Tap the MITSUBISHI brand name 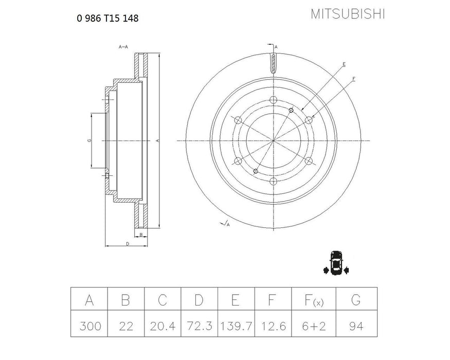pyautogui.click(x=347, y=14)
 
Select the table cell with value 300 pyautogui.click(x=89, y=326)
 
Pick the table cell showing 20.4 pyautogui.click(x=163, y=326)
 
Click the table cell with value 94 pyautogui.click(x=356, y=326)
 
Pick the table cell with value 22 pyautogui.click(x=126, y=326)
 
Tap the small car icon pyautogui.click(x=336, y=263)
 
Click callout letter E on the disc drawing pyautogui.click(x=344, y=64)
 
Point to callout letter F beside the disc pyautogui.click(x=354, y=79)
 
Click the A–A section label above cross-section pyautogui.click(x=123, y=47)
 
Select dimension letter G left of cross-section pyautogui.click(x=89, y=140)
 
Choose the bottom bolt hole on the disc pyautogui.click(x=273, y=181)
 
